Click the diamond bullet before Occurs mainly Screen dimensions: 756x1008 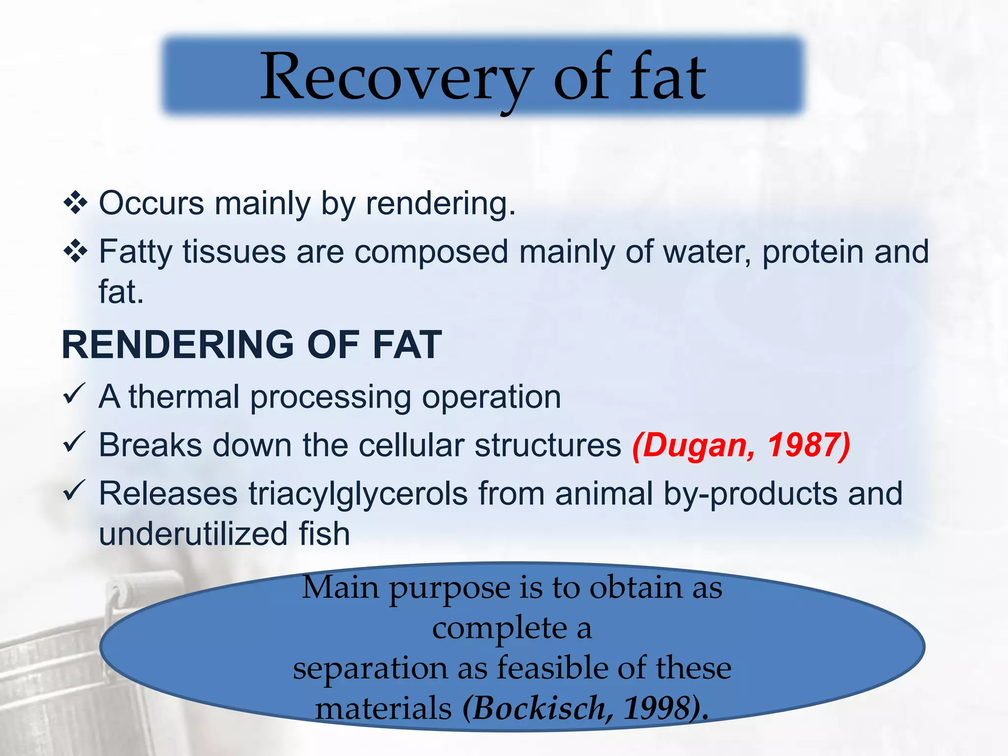coord(75,203)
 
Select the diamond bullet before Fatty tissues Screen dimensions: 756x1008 coord(75,252)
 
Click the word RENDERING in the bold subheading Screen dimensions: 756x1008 coord(178,345)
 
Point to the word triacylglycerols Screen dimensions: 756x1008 coord(358,494)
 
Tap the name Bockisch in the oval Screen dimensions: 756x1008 coord(539,709)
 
